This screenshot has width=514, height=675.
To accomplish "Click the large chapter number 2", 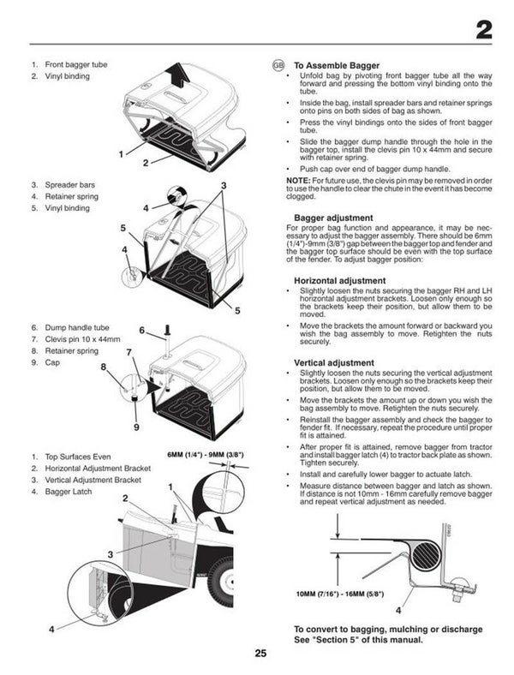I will click(x=483, y=32).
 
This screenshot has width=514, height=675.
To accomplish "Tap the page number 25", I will click(x=260, y=654).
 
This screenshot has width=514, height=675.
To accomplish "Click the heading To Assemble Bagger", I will click(x=336, y=65).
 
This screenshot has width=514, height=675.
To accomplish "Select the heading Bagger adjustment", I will click(x=332, y=218).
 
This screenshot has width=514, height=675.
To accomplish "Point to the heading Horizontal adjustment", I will click(x=339, y=280).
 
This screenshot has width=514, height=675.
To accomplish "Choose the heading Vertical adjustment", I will click(x=333, y=362).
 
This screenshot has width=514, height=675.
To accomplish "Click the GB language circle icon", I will click(x=278, y=65).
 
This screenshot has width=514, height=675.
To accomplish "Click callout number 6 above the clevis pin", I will click(x=142, y=330).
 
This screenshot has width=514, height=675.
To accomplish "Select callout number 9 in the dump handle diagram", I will click(x=136, y=426).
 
